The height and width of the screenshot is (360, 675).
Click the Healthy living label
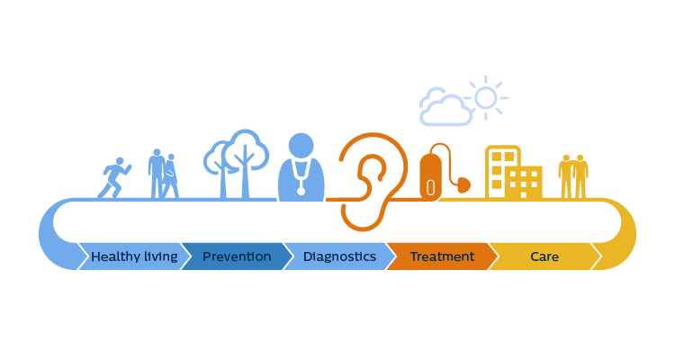(134, 256)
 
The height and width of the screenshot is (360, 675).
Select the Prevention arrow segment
(237, 256)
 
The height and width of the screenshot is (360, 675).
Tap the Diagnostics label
(339, 256)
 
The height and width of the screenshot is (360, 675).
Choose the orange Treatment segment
(442, 256)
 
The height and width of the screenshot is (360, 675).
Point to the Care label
(544, 256)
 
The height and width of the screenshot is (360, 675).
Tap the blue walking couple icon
(163, 174)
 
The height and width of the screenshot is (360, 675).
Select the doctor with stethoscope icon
(301, 168)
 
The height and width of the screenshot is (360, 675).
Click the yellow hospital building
(512, 172)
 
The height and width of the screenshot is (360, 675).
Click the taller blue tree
(246, 157)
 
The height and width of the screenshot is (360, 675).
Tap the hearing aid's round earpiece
(463, 185)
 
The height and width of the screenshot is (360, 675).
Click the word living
(159, 256)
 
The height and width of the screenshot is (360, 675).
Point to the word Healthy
(114, 256)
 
